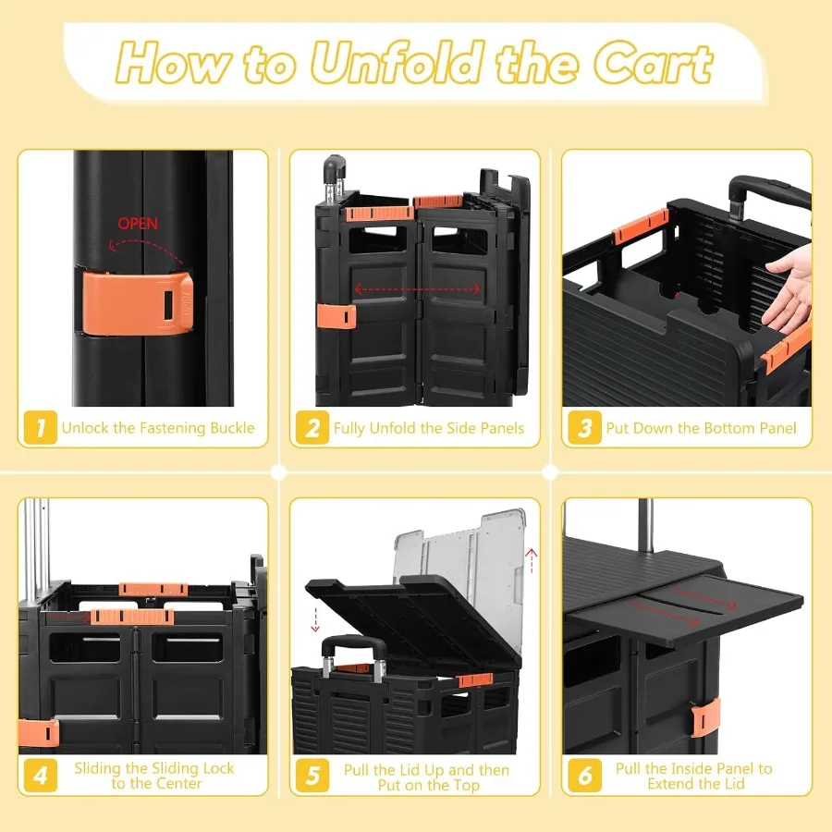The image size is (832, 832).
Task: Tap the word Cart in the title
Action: point(654,64)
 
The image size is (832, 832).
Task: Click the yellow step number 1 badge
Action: point(41,427)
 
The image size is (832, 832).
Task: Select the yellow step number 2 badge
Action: point(312,427)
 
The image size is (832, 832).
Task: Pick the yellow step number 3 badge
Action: point(584,427)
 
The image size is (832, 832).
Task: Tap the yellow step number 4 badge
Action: point(41,776)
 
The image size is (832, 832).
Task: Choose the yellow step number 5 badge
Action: point(312,776)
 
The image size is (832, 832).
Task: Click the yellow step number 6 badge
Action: point(584,776)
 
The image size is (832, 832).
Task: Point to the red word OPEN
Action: point(138,224)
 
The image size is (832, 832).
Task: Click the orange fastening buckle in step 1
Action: point(137,303)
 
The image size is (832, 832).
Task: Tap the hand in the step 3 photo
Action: point(788,291)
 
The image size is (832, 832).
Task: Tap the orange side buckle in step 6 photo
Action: point(705,717)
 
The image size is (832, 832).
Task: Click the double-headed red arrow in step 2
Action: point(417,289)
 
